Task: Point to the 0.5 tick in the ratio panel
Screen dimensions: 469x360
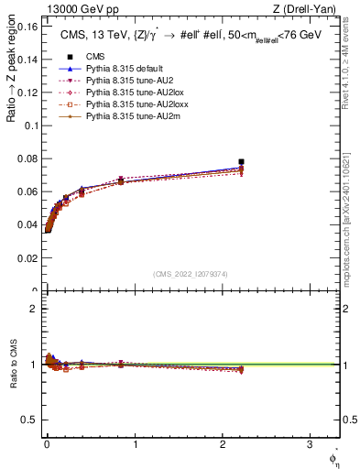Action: pos(30,420)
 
